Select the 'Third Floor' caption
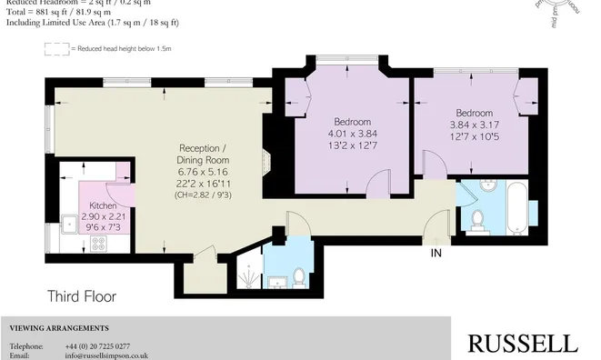point(82,296)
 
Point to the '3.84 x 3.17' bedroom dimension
point(474,125)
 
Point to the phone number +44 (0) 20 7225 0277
point(97,346)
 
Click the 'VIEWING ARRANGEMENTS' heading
point(59,327)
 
